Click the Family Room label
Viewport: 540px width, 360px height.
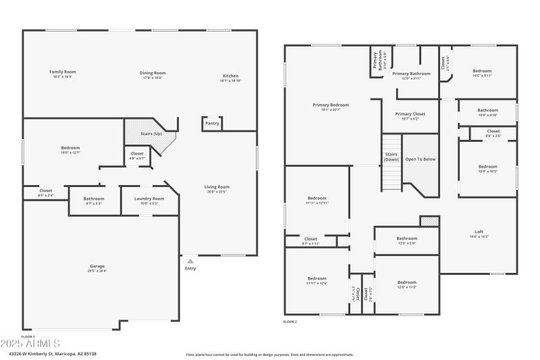click(62, 72)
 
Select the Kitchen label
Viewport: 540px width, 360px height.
click(230, 76)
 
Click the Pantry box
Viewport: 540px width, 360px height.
click(212, 123)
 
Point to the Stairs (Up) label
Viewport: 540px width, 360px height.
click(151, 134)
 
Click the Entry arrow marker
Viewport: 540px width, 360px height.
click(190, 261)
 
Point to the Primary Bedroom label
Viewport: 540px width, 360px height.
click(331, 105)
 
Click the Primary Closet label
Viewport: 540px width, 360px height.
click(410, 114)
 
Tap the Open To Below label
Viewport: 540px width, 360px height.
click(420, 159)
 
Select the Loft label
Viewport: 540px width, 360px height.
click(478, 232)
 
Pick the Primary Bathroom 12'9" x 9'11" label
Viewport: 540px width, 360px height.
click(411, 74)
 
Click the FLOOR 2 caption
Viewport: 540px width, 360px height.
click(290, 322)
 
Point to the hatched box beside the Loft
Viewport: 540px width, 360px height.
click(429, 221)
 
